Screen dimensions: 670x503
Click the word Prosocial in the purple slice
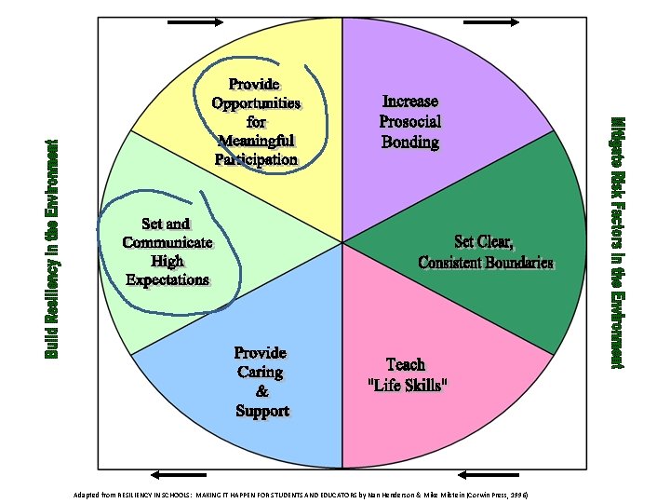coord(409,122)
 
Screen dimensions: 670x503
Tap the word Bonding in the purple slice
coord(409,143)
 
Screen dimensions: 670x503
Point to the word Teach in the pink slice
coord(406,365)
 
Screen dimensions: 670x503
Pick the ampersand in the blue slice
coord(261,392)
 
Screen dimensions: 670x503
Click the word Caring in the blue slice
coord(261,373)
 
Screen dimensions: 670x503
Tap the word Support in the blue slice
coord(261,412)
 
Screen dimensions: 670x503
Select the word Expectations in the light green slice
coord(167,279)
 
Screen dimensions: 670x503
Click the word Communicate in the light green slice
coord(167,243)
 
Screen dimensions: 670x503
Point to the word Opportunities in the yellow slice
coord(256,103)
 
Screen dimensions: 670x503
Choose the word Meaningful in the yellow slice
coord(256,141)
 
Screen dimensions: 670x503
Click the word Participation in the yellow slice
coord(256,159)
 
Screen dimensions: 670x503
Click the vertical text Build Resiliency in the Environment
coord(52,249)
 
